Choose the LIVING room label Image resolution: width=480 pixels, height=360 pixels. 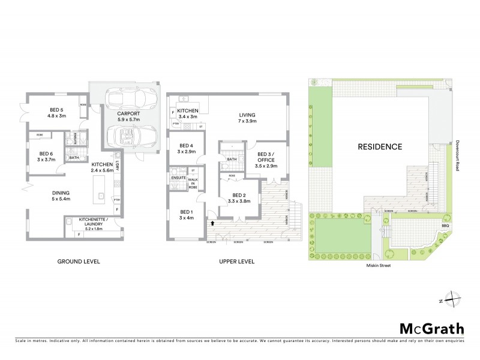(x=247, y=118)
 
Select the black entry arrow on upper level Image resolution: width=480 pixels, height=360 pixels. (x=212, y=223)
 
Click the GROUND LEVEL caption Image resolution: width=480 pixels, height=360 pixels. (x=78, y=262)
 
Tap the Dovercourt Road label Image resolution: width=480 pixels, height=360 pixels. (x=458, y=157)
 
